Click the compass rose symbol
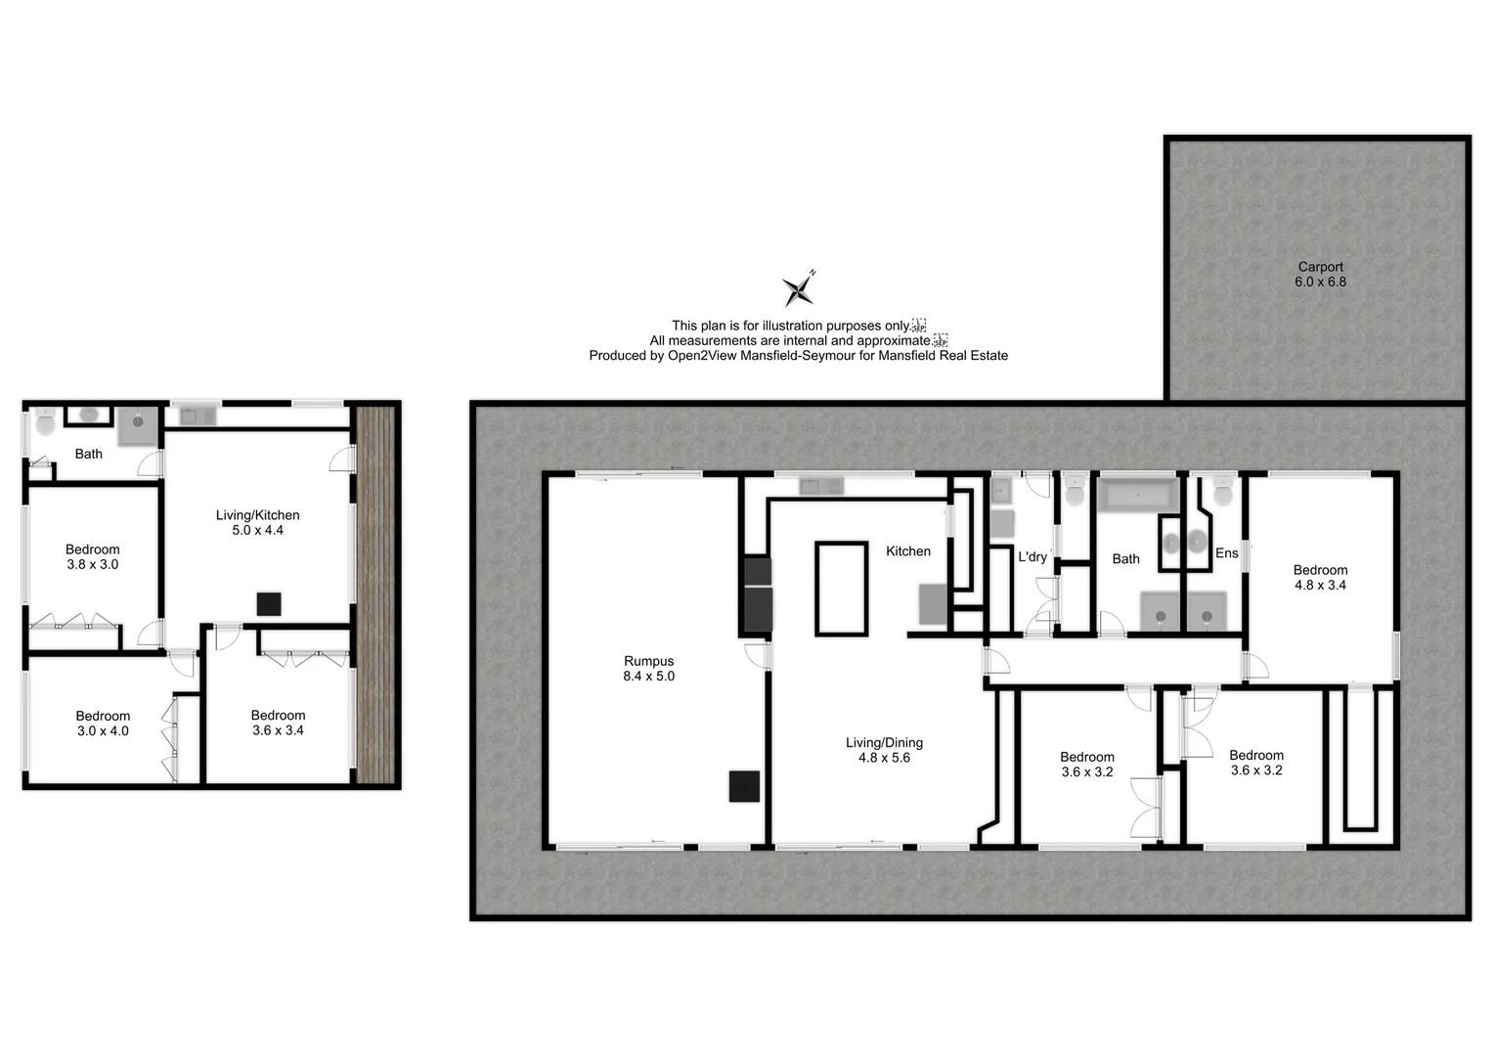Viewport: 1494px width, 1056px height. [x=798, y=288]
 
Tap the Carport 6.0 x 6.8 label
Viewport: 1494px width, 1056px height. [x=1320, y=274]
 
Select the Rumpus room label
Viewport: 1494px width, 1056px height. [x=648, y=669]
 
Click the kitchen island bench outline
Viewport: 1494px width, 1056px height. [x=841, y=590]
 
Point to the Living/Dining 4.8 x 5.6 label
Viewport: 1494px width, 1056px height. [x=884, y=750]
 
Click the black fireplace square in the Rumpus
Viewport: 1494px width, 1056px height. [x=744, y=786]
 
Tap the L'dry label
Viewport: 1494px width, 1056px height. [x=1033, y=557]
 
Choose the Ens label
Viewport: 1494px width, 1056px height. [x=1226, y=553]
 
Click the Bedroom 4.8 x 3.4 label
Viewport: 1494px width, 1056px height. [x=1320, y=578]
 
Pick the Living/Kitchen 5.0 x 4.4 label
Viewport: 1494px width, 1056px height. [x=257, y=523]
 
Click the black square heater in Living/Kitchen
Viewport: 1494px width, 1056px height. [x=269, y=604]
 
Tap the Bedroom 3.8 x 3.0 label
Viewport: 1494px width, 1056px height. [x=93, y=557]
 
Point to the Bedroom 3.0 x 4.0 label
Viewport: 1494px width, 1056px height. [x=103, y=724]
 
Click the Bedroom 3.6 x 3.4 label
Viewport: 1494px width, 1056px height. [x=278, y=723]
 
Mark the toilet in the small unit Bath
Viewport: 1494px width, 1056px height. [x=45, y=425]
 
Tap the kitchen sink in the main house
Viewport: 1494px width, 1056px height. [x=820, y=486]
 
